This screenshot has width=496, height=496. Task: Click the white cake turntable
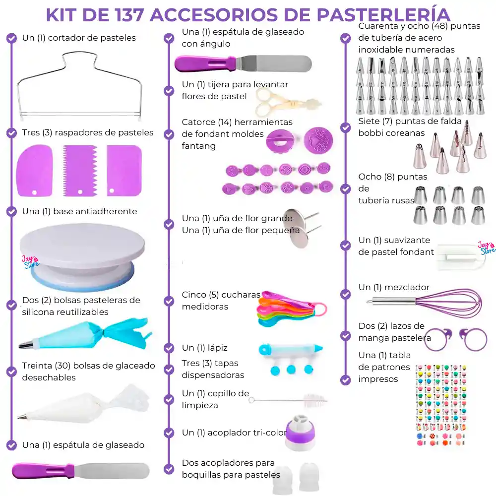(82, 248)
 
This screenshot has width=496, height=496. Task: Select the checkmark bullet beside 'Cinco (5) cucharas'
(169, 300)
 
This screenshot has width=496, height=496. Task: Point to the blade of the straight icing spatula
(114, 470)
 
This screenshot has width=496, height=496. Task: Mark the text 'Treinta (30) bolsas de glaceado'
(88, 366)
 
